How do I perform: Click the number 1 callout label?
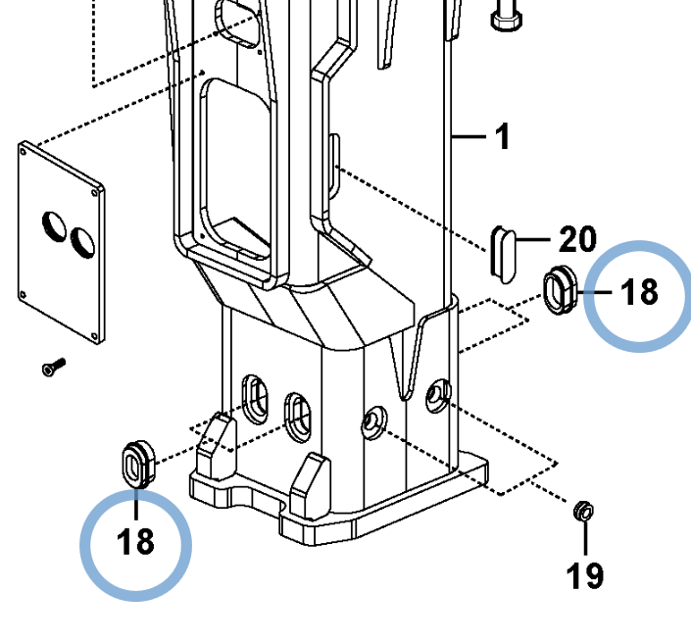pyautogui.click(x=502, y=136)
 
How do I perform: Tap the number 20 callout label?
pyautogui.click(x=577, y=239)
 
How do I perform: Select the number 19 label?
pyautogui.click(x=585, y=575)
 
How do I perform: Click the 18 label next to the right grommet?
pyautogui.click(x=639, y=292)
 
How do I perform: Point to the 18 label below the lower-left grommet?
pyautogui.click(x=136, y=540)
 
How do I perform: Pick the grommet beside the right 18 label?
pyautogui.click(x=560, y=290)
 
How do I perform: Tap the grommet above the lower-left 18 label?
pyautogui.click(x=135, y=464)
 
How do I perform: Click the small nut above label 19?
pyautogui.click(x=582, y=510)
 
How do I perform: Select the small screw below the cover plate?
pyautogui.click(x=52, y=368)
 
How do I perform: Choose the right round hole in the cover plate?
pyautogui.click(x=81, y=240)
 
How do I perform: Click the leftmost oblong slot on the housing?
pyautogui.click(x=254, y=397)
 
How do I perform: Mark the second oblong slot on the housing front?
pyautogui.click(x=296, y=415)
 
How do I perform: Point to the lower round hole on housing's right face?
pyautogui.click(x=372, y=422)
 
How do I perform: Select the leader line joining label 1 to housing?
pyautogui.click(x=469, y=137)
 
